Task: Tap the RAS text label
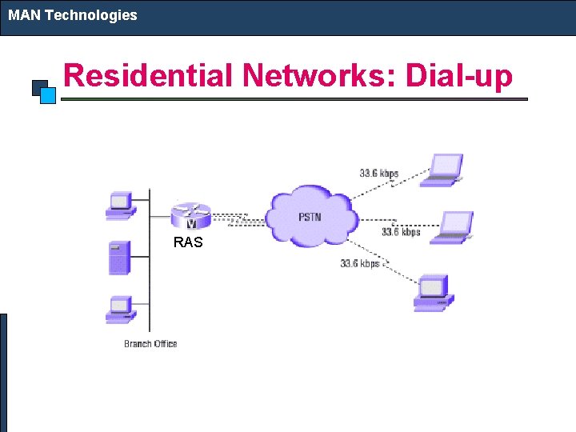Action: point(188,242)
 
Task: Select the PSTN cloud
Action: point(310,216)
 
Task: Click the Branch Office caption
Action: point(150,344)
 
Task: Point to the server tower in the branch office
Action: point(118,258)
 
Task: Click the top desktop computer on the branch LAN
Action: point(120,205)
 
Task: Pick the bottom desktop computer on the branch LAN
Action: point(120,310)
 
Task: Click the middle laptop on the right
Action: point(454,226)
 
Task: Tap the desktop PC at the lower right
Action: point(433,292)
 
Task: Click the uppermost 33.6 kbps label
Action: point(379,173)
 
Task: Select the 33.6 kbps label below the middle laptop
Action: point(401,232)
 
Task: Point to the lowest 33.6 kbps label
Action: point(359,263)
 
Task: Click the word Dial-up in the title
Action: point(459,76)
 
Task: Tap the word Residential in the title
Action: point(148,76)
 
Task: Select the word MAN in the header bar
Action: point(25,14)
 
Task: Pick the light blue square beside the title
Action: point(48,95)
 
